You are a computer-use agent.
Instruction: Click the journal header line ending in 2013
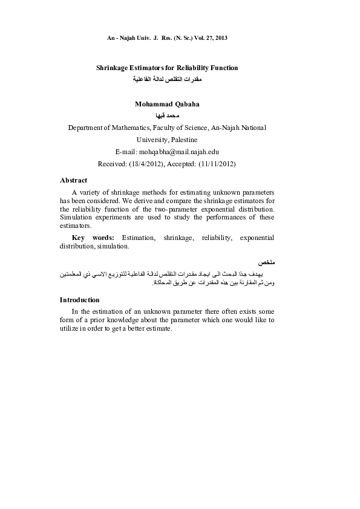click(x=166, y=38)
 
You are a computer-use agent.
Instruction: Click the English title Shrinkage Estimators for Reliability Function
click(x=167, y=68)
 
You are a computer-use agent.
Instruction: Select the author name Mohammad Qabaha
click(x=167, y=104)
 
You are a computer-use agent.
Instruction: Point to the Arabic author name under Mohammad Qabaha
click(x=166, y=115)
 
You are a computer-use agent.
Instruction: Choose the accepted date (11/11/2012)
click(x=212, y=164)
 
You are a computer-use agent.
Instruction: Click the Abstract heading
click(x=73, y=180)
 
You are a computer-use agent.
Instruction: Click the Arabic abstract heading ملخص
click(x=266, y=264)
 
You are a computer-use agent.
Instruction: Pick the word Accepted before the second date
click(x=180, y=164)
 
